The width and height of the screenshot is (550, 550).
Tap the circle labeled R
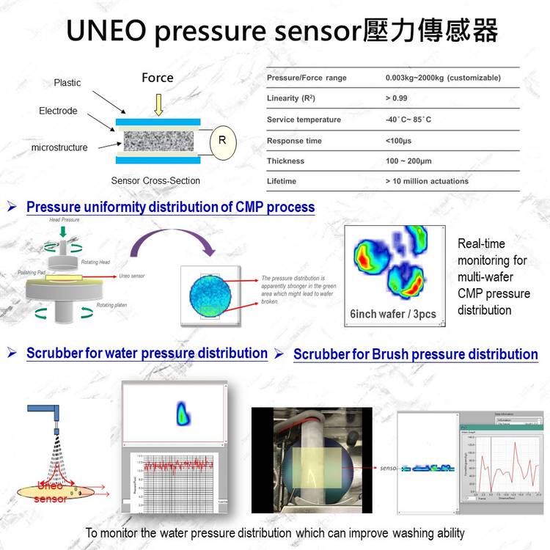[x=223, y=141]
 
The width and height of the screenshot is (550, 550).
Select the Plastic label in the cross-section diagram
[x=67, y=83]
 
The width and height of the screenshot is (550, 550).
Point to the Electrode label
[x=58, y=111]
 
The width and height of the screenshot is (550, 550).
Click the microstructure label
[x=59, y=147]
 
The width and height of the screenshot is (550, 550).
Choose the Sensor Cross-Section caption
[x=155, y=180]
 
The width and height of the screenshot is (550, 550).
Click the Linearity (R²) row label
[x=291, y=98]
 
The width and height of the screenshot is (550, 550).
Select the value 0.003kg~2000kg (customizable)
[x=443, y=78]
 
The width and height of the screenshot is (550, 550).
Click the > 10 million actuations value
[x=427, y=180]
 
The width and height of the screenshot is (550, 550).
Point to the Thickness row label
[x=285, y=161]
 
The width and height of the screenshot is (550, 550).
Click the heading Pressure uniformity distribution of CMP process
[x=170, y=207]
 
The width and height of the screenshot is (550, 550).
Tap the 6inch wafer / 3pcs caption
[x=393, y=314]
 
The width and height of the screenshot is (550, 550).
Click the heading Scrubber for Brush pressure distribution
[x=415, y=354]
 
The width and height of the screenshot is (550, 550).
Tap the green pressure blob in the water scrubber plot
[x=181, y=415]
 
